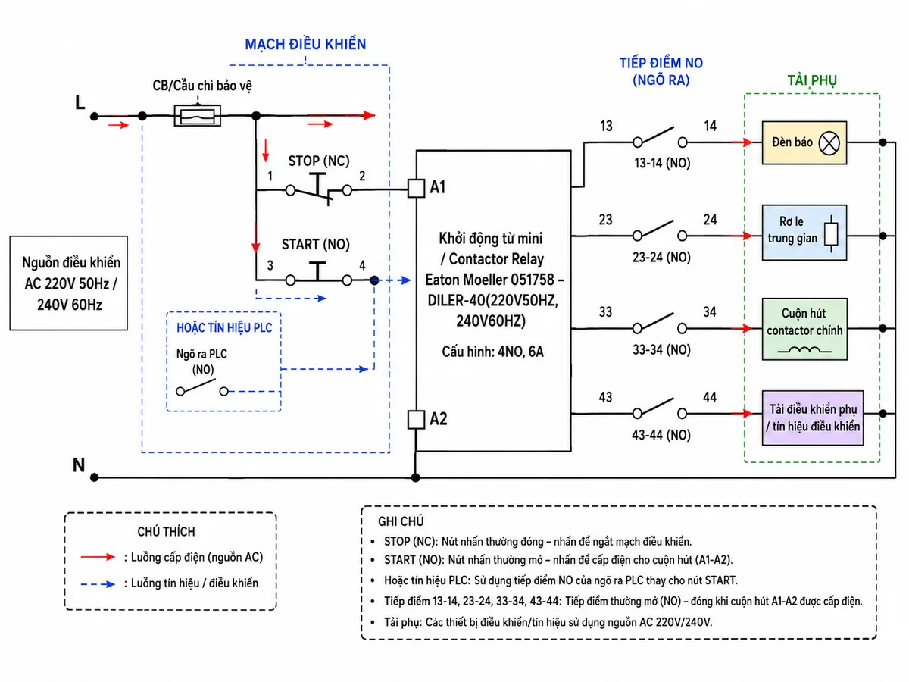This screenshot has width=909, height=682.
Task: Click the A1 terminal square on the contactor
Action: point(416,188)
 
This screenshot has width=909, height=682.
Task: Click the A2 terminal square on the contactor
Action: point(416,420)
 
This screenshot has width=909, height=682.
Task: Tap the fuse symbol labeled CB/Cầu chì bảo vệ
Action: point(197,115)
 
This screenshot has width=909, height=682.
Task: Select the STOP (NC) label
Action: point(319,161)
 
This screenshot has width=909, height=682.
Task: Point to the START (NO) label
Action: point(316,244)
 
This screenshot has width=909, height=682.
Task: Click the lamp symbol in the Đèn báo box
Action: point(829,143)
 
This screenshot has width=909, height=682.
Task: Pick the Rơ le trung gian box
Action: point(804,233)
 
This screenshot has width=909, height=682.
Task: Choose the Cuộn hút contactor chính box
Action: point(804,329)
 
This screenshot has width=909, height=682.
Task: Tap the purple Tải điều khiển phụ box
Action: point(813,418)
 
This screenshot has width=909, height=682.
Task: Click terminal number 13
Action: point(606,126)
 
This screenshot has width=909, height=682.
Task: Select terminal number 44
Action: point(709,398)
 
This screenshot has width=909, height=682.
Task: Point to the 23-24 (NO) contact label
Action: point(661,258)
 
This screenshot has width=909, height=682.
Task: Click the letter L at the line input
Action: point(80,102)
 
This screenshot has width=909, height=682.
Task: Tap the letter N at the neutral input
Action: point(79,465)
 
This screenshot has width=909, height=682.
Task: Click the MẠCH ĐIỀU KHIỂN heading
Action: point(305,44)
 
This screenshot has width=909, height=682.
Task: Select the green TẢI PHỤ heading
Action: point(812,80)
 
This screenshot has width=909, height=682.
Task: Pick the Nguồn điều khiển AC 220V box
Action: point(69,283)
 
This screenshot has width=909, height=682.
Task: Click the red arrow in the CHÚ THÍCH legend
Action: point(98,557)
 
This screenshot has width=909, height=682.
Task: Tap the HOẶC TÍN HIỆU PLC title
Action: point(224,328)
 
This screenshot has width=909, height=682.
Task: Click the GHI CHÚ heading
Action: point(401,521)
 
